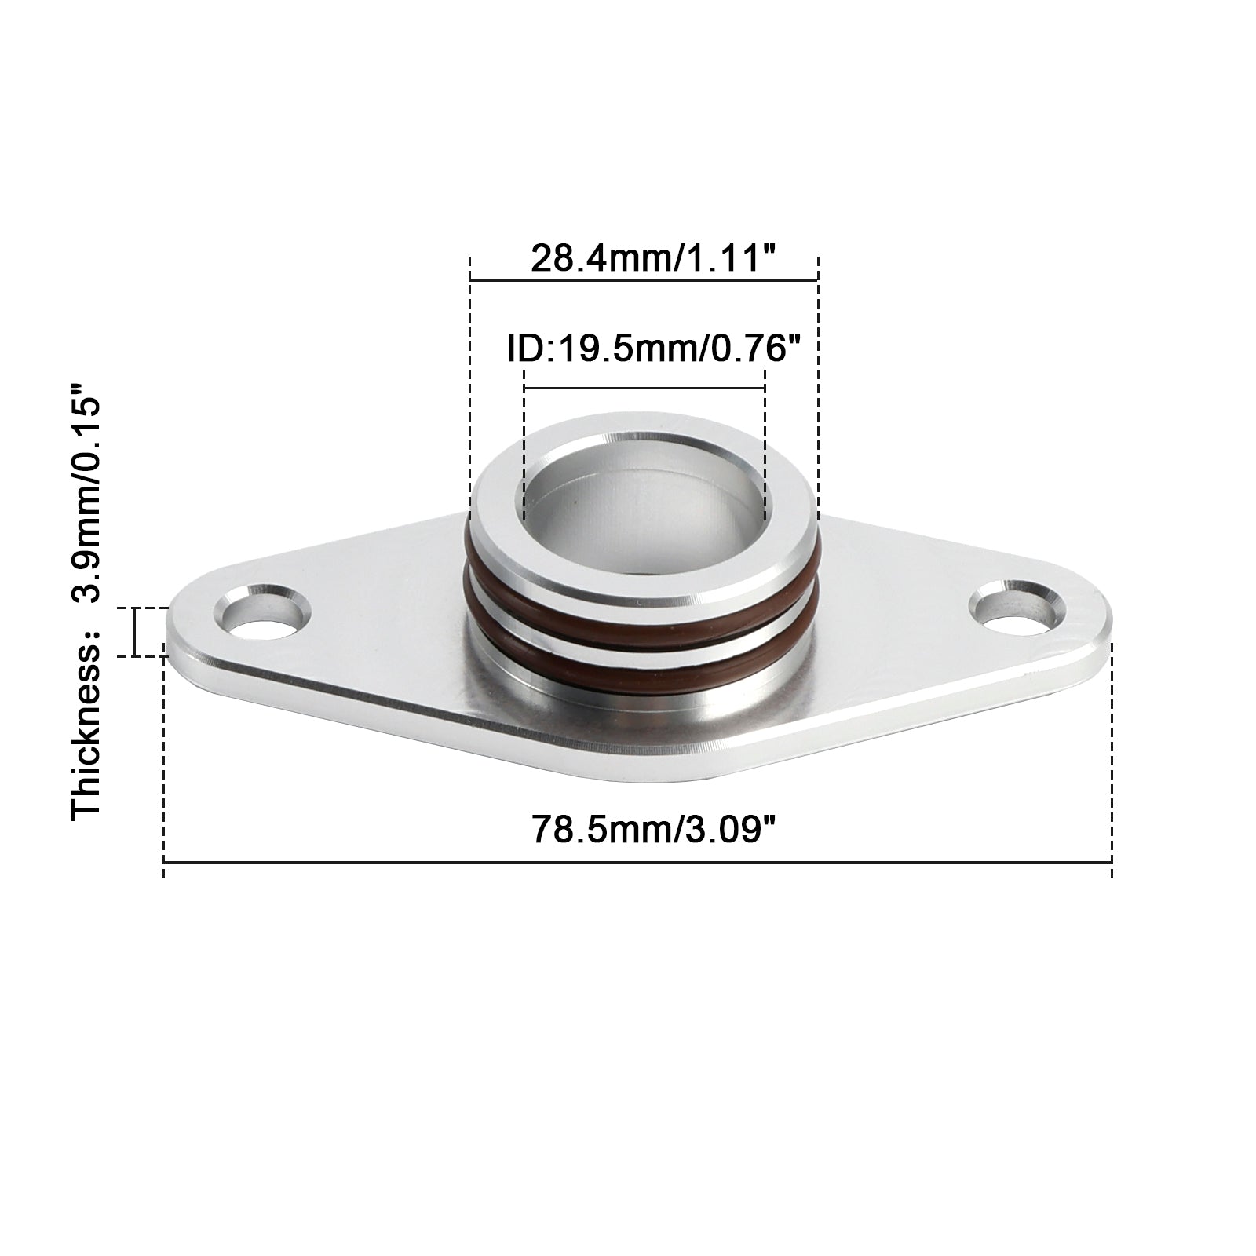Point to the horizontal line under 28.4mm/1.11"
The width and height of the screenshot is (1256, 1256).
[644, 279]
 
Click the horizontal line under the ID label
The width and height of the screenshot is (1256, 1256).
[644, 388]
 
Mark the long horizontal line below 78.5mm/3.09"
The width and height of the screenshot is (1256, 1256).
[637, 863]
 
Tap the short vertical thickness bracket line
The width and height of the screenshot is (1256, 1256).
[136, 632]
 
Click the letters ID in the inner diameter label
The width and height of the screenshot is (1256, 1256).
[524, 348]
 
